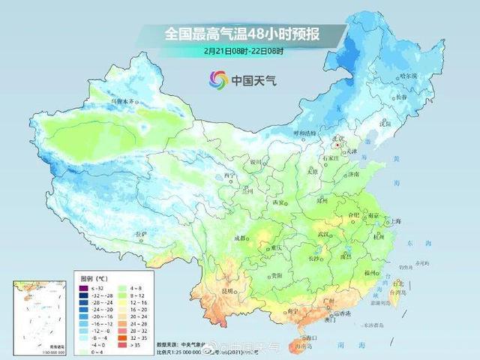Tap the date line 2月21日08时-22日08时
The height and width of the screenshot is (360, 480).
[239, 51]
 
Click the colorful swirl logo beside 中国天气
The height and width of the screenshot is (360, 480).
[218, 78]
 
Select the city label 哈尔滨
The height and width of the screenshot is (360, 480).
[428, 76]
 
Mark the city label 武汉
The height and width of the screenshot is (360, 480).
[324, 235]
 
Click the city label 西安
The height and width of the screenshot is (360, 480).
[279, 202]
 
